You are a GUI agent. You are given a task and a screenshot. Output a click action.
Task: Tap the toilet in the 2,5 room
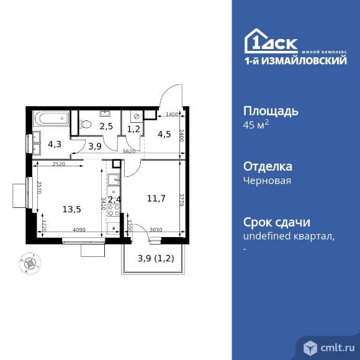(87, 124)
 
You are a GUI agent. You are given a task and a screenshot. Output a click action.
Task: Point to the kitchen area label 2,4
(114, 200)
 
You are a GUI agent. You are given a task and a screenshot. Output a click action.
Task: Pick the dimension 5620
(130, 151)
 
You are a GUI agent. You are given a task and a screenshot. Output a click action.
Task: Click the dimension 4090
(79, 231)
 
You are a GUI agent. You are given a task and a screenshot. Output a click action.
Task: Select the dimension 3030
(156, 231)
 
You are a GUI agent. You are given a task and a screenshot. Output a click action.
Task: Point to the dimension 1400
(171, 115)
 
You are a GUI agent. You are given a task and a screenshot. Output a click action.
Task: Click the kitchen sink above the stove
(113, 181)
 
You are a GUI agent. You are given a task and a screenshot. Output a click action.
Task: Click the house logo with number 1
(256, 41)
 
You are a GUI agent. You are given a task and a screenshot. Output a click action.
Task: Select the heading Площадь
(270, 111)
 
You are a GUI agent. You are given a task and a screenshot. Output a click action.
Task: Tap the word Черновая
(267, 181)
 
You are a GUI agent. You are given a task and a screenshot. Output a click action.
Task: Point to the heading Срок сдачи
(276, 223)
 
